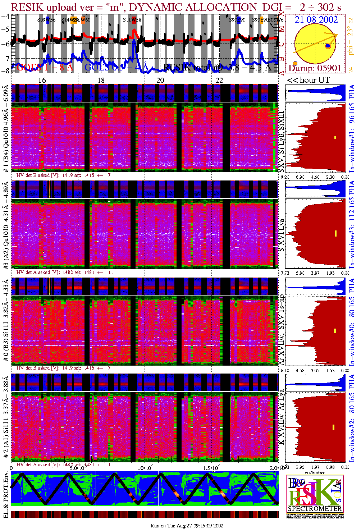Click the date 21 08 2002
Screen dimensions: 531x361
316,20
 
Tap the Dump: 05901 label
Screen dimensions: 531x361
315,68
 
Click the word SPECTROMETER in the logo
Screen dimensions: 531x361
315,508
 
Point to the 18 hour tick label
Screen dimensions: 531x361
101,80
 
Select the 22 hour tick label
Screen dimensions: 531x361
219,80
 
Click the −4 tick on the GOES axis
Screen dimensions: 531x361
5,16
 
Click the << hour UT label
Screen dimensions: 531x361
309,80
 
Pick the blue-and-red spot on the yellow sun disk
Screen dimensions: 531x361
328,46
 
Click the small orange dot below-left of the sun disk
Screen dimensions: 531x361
295,64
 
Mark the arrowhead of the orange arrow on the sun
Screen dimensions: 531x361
336,35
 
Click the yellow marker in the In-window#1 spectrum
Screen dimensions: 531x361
335,137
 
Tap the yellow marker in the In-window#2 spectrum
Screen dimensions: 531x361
334,427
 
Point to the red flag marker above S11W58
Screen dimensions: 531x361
134,20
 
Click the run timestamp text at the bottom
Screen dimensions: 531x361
187,526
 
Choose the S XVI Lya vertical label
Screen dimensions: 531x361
282,235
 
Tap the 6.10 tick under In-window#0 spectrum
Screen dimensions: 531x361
285,370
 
